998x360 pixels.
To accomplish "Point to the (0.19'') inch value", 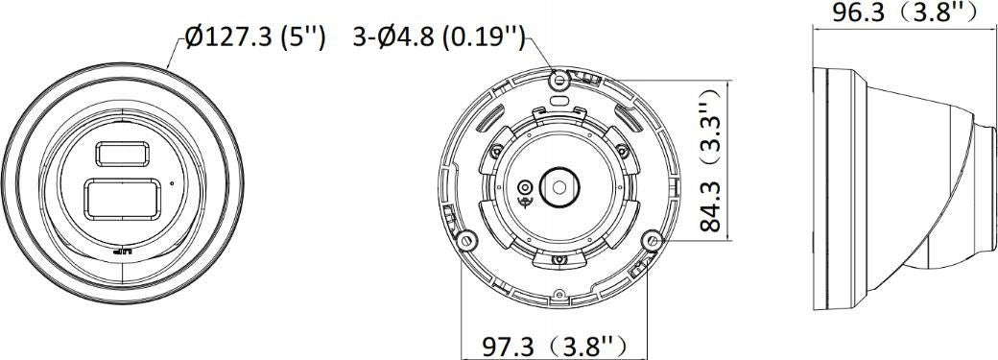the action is [483, 38].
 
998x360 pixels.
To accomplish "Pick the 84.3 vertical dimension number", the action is [710, 205].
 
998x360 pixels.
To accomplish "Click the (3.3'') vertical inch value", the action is [711, 128].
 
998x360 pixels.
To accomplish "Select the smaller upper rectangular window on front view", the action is [123, 155].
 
